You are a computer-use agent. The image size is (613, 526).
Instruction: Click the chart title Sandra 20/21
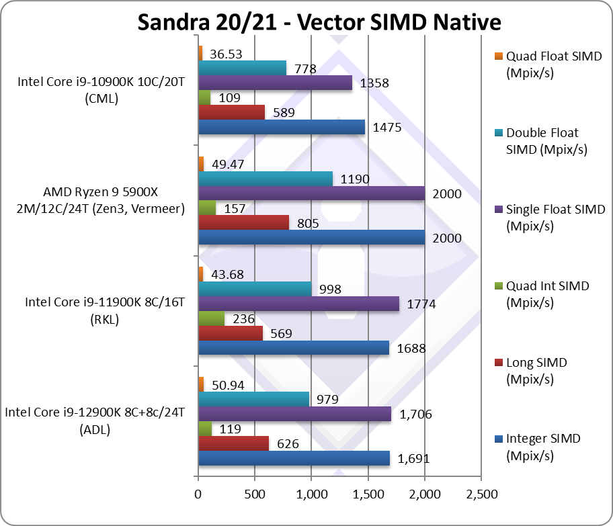tap(319, 21)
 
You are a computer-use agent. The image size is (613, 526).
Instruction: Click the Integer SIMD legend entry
tap(542, 447)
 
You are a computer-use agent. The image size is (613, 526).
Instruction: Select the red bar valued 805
tap(243, 222)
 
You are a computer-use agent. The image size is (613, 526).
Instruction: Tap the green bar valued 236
tap(211, 318)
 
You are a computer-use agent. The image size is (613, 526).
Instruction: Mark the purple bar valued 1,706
tap(294, 414)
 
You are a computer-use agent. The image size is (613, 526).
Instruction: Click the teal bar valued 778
tap(242, 67)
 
